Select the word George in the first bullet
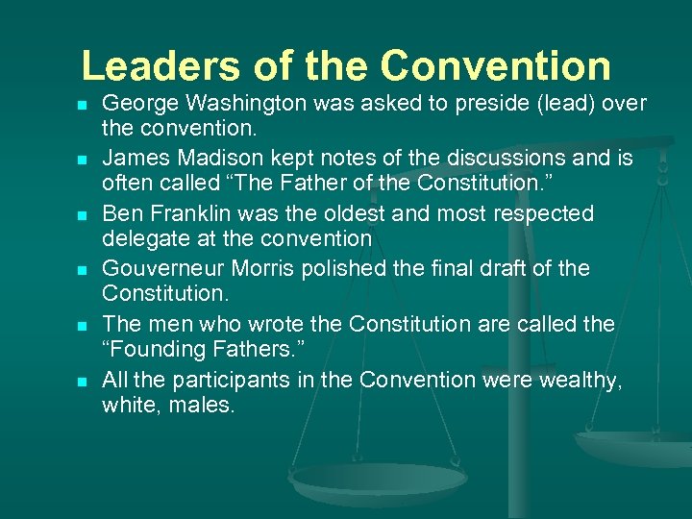pos(135,103)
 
